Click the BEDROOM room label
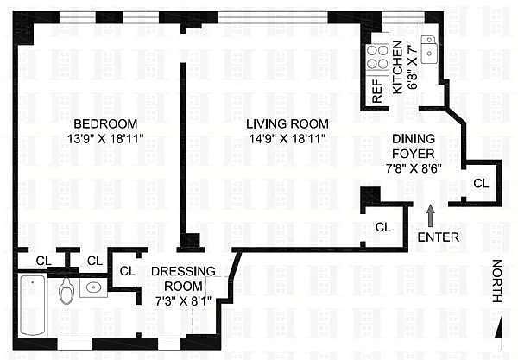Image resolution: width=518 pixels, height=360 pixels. pos(105,123)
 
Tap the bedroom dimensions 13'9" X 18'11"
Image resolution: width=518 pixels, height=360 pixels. pos(105,139)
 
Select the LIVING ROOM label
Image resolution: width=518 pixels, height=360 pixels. pos(287,123)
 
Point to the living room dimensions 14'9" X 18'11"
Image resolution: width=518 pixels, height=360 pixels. pos(287,139)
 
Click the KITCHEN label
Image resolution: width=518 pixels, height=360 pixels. pos(397,67)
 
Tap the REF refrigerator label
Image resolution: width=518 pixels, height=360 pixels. pos(377,91)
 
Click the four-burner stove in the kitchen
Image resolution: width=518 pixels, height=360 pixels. pos(377,57)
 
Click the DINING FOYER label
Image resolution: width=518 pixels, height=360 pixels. pos(414,146)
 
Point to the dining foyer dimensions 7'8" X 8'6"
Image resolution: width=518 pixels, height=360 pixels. pos(414,168)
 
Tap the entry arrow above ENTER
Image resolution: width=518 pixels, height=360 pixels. pos(431,216)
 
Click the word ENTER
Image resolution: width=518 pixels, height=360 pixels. pos(439,237)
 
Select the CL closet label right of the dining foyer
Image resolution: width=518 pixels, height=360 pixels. pos(481,183)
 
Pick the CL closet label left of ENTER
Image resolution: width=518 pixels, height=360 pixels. pos(383,227)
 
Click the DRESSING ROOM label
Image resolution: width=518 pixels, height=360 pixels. pos(183,279)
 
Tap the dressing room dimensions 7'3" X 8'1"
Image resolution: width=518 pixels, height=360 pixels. pos(183,301)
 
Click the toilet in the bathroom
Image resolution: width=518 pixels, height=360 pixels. pos(66,291)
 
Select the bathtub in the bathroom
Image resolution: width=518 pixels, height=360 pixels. pos(33,305)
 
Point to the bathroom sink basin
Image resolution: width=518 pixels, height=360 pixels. pos(94,287)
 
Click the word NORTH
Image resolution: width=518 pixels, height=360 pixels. pos(497,281)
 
